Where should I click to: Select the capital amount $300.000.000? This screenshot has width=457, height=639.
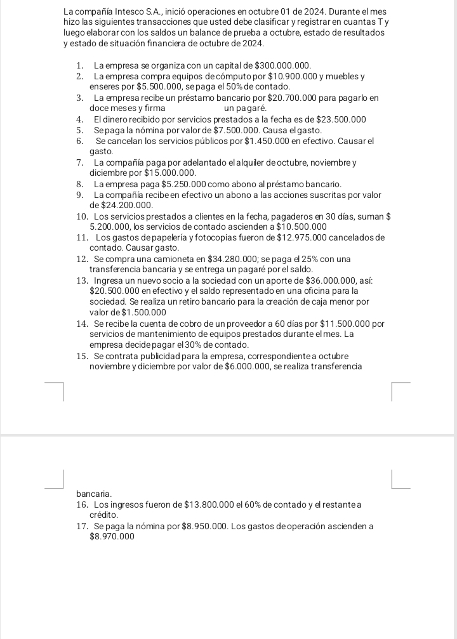tap(282, 65)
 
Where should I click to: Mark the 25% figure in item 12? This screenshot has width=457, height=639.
tap(321, 259)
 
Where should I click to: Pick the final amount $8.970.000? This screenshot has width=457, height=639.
tap(112, 536)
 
